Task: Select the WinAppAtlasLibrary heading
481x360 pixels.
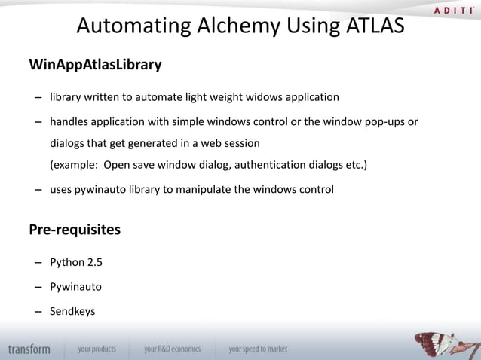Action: pos(95,65)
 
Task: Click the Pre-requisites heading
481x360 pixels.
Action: pos(74,230)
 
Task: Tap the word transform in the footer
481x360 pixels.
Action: pos(29,349)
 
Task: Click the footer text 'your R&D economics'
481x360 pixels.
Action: pos(173,349)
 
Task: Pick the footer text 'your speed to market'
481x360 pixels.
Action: pos(258,349)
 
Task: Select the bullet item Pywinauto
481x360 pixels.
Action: pos(76,287)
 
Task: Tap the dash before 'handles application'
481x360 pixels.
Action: pos(37,122)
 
